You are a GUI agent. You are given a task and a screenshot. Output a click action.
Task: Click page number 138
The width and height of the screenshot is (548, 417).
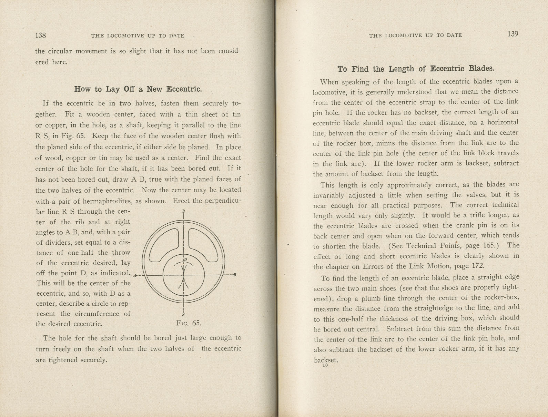click(40, 35)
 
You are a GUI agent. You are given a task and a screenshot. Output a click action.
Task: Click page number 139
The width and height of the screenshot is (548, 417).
click(513, 34)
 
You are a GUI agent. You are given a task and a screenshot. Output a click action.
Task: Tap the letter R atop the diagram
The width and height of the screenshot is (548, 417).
click(184, 211)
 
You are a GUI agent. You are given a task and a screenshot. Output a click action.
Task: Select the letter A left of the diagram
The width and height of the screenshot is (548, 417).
click(135, 275)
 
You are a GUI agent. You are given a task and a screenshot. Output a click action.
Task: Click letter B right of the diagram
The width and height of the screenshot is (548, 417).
click(234, 275)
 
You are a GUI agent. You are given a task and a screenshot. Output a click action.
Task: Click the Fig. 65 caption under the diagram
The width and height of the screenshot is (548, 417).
click(188, 323)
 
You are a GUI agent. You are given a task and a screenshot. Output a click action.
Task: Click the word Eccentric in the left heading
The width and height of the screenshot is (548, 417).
click(184, 89)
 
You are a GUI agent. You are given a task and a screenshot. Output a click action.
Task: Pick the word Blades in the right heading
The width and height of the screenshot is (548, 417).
click(481, 68)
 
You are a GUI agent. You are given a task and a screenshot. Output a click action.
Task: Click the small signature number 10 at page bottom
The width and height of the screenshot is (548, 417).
click(325, 366)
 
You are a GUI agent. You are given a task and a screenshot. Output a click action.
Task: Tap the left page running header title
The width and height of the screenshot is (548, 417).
click(138, 36)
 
